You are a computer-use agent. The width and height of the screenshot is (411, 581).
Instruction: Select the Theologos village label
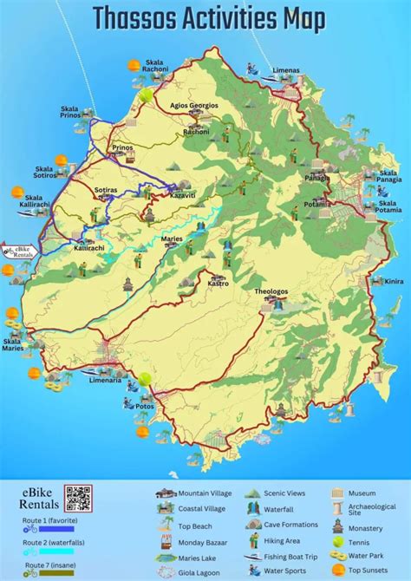(271, 291)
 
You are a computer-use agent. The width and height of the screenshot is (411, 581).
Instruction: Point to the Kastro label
(218, 283)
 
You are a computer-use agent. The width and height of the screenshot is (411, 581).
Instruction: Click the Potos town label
(145, 406)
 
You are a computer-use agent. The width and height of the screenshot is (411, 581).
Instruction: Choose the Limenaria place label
(105, 381)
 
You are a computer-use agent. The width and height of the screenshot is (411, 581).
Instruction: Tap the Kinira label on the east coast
(395, 281)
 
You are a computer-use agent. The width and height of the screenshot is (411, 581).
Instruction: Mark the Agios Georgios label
(195, 105)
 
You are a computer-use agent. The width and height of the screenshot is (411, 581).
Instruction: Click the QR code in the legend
(77, 499)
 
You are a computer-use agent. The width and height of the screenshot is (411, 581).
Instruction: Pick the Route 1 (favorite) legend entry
(49, 519)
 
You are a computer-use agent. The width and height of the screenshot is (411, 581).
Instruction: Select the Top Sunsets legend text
(388, 570)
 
